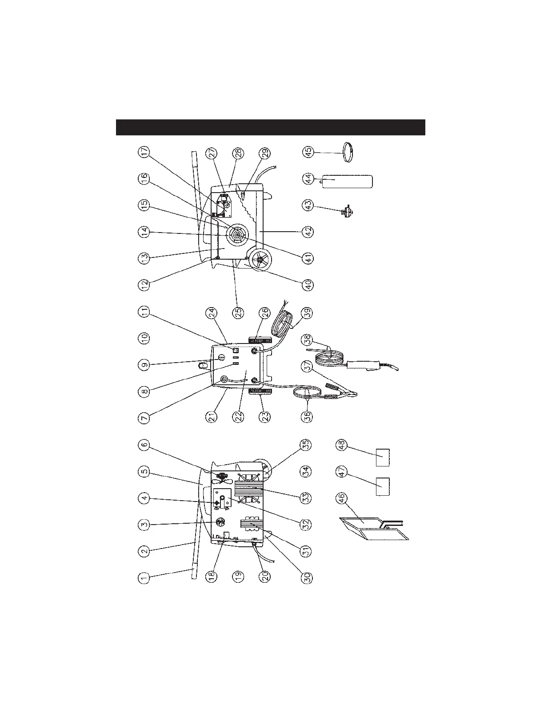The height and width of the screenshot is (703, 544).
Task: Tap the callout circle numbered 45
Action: click(308, 152)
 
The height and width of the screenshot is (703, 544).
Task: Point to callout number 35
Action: click(308, 445)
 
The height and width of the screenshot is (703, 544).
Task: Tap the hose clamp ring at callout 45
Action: click(349, 152)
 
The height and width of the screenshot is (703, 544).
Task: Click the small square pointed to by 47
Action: click(383, 486)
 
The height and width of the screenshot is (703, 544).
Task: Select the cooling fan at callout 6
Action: click(221, 477)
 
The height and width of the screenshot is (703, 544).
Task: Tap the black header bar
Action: click(271, 127)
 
